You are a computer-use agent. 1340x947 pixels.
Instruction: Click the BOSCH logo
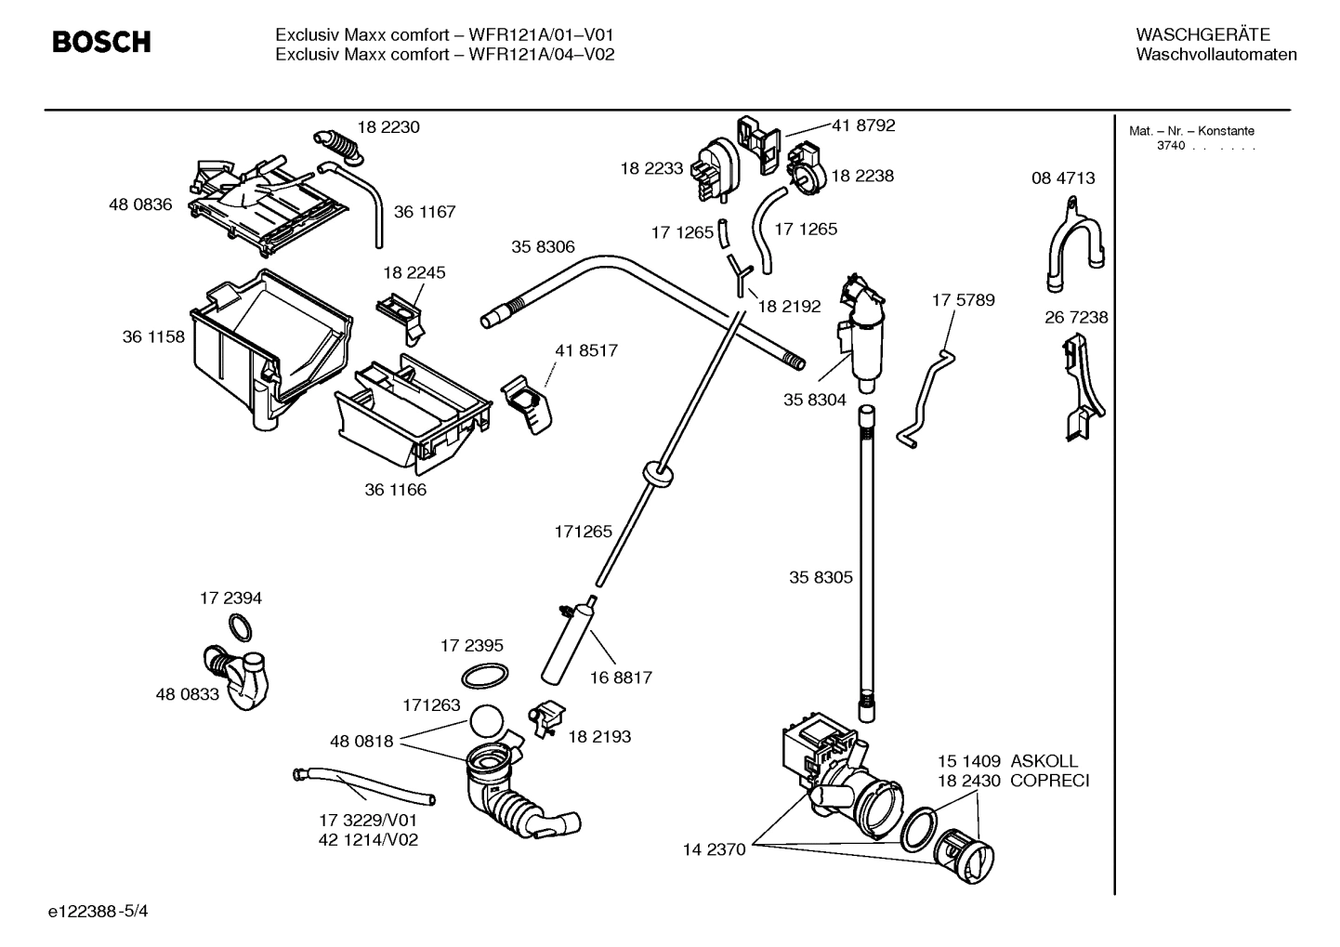click(101, 42)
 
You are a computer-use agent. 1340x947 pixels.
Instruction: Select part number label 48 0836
click(140, 204)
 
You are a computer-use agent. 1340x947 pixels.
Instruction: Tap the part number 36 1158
click(153, 336)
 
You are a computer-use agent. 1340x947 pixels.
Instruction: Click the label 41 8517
click(585, 350)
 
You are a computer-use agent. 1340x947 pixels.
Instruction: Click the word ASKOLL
click(1044, 761)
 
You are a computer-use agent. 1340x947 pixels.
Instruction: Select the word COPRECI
click(1049, 781)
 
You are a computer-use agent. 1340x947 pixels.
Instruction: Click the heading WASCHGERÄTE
click(1202, 34)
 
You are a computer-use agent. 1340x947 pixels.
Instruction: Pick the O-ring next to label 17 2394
click(240, 628)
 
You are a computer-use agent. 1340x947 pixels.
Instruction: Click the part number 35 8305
click(821, 577)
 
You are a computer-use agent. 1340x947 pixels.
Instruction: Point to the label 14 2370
click(714, 848)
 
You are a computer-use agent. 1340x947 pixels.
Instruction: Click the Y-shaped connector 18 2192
click(739, 275)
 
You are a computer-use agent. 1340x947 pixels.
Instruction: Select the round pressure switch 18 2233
click(715, 168)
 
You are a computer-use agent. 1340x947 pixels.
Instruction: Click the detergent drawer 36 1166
click(413, 414)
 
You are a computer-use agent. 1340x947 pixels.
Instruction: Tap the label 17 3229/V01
click(368, 820)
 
